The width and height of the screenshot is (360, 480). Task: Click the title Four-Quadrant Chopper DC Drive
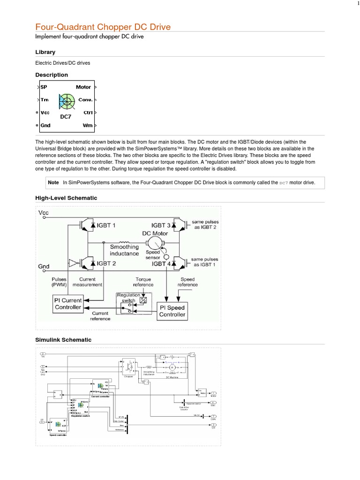(103, 27)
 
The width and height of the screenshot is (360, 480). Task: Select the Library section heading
(45, 52)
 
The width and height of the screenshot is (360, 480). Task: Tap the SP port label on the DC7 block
(44, 87)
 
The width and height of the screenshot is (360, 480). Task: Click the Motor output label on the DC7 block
(83, 87)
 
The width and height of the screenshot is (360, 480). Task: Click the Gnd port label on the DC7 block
(46, 125)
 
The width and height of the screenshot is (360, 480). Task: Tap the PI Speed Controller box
(172, 311)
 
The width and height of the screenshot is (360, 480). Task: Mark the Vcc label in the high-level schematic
(44, 213)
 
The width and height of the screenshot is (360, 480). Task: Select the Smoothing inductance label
(124, 250)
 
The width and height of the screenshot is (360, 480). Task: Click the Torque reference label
(143, 282)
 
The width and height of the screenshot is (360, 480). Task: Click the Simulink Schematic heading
(63, 339)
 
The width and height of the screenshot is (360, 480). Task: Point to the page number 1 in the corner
(357, 4)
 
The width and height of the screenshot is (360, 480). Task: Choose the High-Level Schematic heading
(66, 198)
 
